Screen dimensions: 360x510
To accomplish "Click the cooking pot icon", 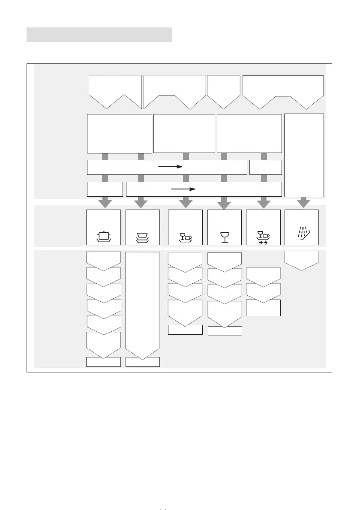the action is [x=103, y=236].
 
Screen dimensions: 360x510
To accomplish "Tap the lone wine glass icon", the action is [x=225, y=237].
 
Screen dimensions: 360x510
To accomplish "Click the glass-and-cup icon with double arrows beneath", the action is [x=263, y=237].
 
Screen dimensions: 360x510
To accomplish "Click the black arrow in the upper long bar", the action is [x=171, y=167].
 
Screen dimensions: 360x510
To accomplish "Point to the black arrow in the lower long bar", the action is [x=183, y=188].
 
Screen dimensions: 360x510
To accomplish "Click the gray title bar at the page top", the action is [x=99, y=35].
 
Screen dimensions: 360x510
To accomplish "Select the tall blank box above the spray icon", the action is [x=304, y=155].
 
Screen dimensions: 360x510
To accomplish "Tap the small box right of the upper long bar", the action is [x=266, y=167].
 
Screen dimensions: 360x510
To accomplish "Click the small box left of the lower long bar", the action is [x=105, y=189].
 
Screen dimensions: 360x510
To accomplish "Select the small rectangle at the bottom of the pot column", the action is [x=103, y=362].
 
